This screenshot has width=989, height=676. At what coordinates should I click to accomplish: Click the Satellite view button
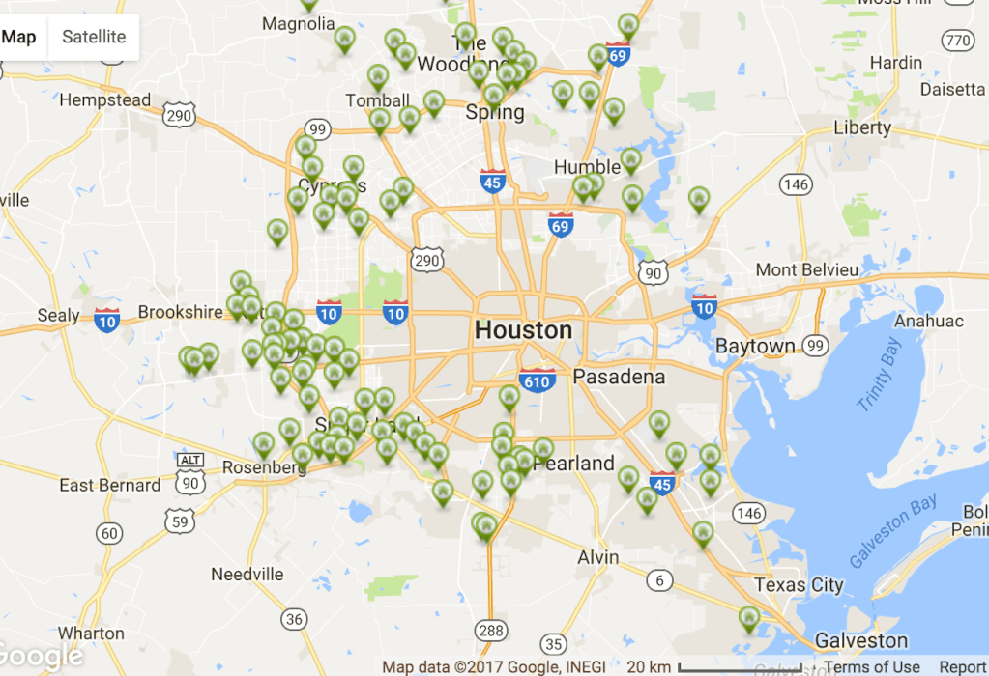[94, 37]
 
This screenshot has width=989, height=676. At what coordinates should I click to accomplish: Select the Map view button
[19, 37]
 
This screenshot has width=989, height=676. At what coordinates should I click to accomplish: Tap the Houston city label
[523, 330]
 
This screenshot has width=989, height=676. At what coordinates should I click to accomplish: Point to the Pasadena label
[619, 377]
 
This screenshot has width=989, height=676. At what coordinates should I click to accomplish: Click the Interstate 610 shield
[537, 380]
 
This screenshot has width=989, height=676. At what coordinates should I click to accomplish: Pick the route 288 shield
[491, 631]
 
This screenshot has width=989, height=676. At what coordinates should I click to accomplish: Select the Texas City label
[799, 584]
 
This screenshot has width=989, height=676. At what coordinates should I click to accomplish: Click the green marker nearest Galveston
[749, 617]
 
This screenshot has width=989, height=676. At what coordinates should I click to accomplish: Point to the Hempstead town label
[105, 99]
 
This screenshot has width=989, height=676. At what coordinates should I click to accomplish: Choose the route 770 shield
[957, 40]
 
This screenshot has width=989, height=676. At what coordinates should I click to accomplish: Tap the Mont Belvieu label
[806, 269]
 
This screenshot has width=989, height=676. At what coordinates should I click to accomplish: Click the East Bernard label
[110, 485]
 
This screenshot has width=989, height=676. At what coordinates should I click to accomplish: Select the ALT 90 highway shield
[190, 473]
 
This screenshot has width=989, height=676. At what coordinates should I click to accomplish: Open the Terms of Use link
[871, 666]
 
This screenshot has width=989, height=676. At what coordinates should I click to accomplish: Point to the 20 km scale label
[649, 666]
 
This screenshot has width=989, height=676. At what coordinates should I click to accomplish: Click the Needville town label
[246, 575]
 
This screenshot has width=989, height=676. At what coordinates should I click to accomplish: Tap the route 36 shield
[295, 619]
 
